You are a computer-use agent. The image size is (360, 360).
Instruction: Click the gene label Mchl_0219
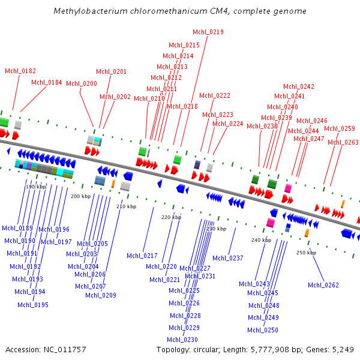208,32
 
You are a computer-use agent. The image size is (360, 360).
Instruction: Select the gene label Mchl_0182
20,71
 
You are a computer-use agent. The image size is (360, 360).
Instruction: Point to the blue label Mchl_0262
323,284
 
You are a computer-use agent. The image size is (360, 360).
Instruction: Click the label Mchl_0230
183,340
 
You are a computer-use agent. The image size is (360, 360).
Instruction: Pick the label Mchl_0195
33,305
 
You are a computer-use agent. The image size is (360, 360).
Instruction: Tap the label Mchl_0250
263,330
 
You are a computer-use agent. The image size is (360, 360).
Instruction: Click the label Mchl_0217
142,256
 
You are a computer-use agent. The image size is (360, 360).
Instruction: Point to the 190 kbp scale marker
35,187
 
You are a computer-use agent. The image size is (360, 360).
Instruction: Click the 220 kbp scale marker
171,217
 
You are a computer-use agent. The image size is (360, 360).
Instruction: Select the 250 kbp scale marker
306,253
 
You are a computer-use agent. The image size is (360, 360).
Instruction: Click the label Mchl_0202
115,97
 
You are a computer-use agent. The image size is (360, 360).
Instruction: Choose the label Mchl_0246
312,121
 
